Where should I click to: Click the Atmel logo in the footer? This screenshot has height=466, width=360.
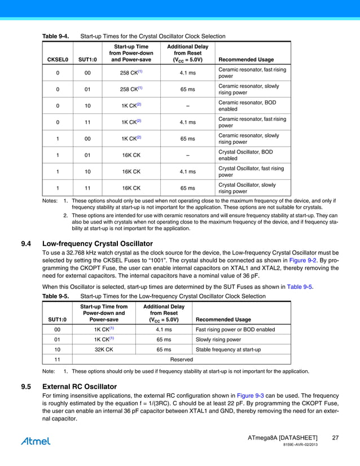pos(36,441)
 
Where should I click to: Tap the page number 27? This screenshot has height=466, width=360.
pos(335,438)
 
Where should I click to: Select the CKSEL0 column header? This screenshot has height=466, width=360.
pos(58,59)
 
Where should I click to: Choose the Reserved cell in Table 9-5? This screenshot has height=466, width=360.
pos(181,359)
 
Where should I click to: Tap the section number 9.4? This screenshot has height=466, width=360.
pos(26,244)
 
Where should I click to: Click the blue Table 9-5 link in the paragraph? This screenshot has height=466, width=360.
pos(300,287)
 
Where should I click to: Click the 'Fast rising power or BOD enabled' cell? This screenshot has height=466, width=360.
pos(235,329)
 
